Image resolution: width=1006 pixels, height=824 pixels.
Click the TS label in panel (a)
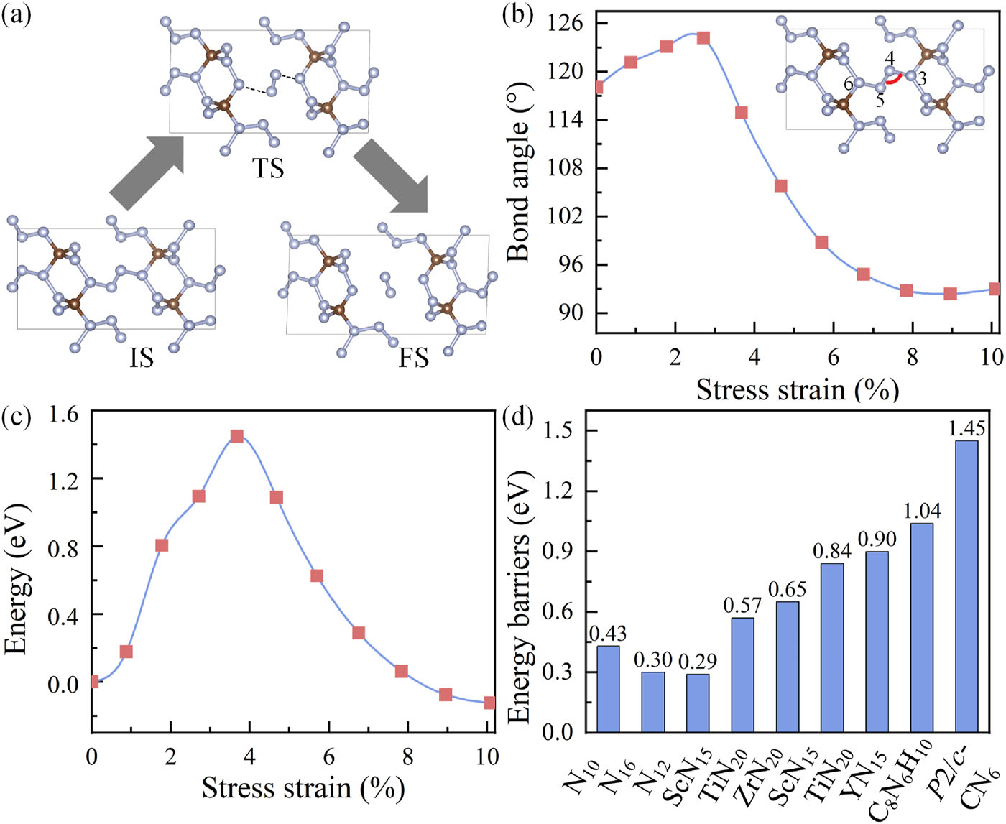click(267, 169)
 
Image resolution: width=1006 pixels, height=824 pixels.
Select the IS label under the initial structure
click(142, 357)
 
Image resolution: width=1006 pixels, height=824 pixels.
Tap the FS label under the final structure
click(414, 357)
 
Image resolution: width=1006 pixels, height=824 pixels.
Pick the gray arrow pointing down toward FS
click(390, 176)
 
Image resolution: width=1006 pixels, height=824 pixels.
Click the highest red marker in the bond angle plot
click(703, 37)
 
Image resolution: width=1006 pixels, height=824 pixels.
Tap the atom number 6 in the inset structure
click(848, 84)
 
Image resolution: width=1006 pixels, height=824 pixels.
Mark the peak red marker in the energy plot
click(236, 436)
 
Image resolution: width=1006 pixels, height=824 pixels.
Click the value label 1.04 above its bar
click(922, 511)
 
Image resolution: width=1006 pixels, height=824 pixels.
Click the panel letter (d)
click(519, 417)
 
